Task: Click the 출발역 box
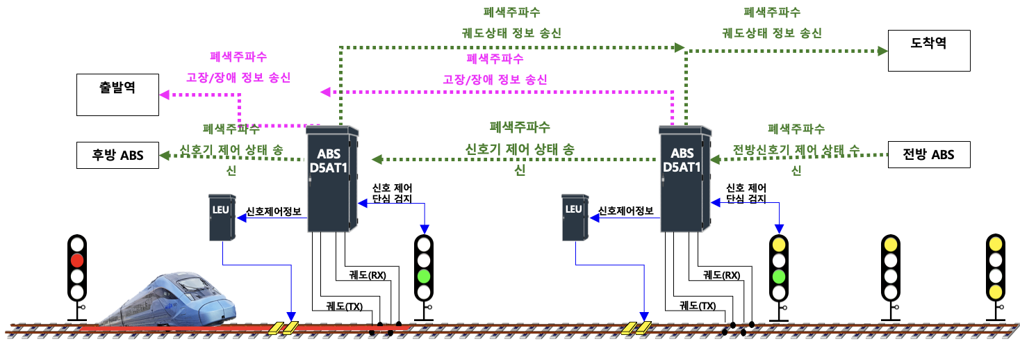(117, 96)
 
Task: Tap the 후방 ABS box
(117, 155)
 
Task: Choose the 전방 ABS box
(929, 154)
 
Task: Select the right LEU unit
(573, 218)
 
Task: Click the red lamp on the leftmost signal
(76, 261)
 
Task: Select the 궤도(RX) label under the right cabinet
(721, 275)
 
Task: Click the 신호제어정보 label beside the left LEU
(274, 211)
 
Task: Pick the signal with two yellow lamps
(995, 268)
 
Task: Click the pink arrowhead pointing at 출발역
(163, 95)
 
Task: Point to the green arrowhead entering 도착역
(882, 51)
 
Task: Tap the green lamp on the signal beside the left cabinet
(424, 275)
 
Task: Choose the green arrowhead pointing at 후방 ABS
(164, 156)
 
